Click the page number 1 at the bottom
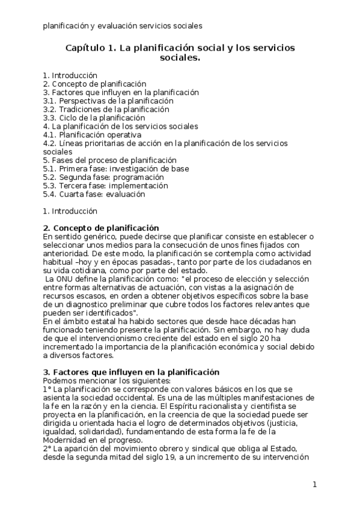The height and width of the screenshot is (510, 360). pos(314,484)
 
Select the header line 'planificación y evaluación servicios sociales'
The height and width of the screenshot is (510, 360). pos(122,26)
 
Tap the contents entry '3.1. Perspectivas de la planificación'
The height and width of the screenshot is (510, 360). pos(107,101)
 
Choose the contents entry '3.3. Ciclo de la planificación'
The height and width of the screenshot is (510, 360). pos(94,118)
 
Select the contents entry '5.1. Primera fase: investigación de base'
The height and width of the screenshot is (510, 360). pos(116,169)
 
